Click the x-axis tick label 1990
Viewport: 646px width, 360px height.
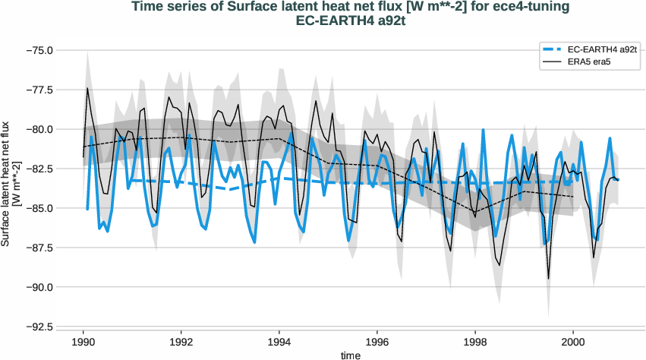point(84,343)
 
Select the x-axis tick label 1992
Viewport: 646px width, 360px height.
point(181,343)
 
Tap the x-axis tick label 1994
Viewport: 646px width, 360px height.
point(279,343)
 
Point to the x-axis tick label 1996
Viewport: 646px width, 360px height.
point(377,343)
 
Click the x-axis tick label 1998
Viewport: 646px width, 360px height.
point(475,343)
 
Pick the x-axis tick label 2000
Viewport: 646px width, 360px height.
point(573,343)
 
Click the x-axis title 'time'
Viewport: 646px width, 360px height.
point(350,355)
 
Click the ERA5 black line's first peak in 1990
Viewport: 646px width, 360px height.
point(87,88)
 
